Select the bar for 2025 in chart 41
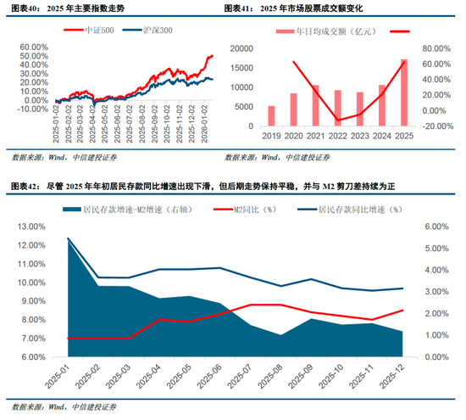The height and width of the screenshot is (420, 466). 403,92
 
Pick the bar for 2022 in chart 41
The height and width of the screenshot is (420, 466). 337,108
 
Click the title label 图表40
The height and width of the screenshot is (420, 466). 24,8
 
